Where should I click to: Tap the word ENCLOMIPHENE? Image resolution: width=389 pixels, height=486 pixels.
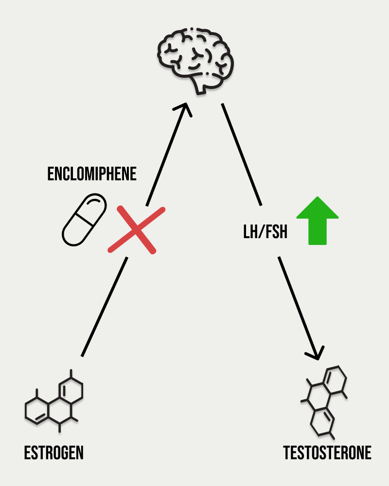(x=92, y=174)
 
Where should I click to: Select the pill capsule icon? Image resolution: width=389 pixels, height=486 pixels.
(x=84, y=219)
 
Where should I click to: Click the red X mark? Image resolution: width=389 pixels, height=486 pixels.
(x=136, y=229)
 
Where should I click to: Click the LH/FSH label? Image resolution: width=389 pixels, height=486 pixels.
(x=265, y=232)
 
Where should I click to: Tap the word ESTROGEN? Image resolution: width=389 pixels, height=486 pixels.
(x=54, y=453)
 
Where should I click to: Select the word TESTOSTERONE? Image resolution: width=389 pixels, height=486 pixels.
(x=327, y=453)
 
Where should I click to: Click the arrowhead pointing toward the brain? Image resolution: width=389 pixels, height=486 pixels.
(x=185, y=108)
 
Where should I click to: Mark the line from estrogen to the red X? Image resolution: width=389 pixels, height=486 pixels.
(x=105, y=306)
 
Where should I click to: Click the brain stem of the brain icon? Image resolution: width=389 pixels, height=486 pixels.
(x=201, y=87)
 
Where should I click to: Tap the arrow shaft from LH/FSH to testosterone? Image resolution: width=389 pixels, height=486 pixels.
(x=297, y=301)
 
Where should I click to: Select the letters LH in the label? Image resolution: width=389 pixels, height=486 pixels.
(x=249, y=232)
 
